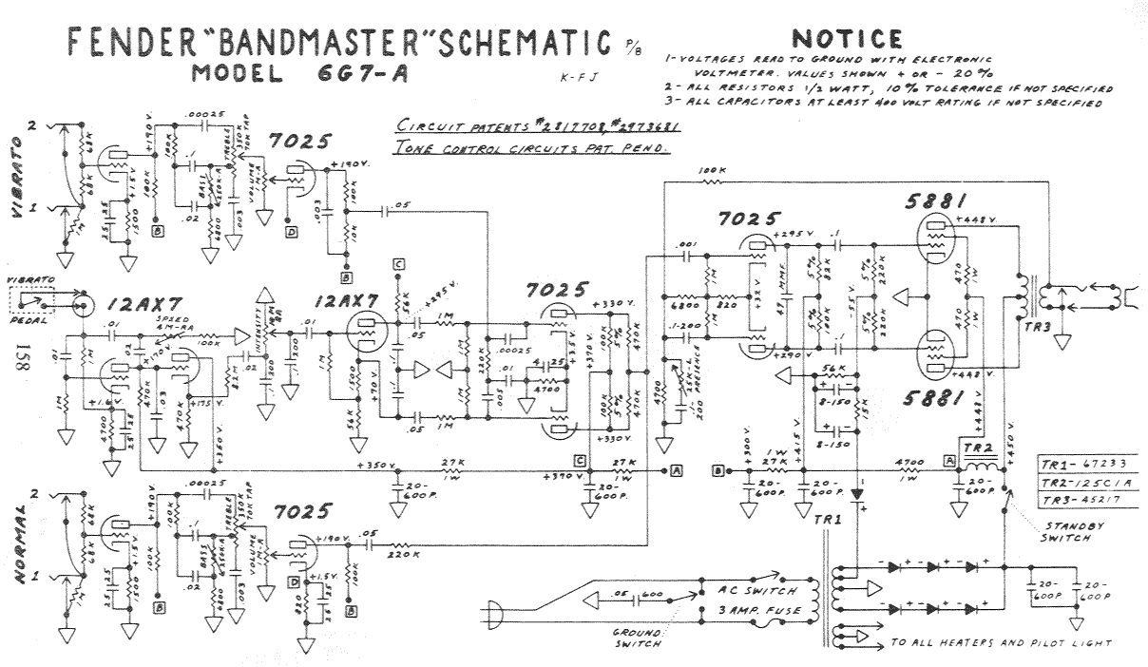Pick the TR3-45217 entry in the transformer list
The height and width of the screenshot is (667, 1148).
coord(1081,501)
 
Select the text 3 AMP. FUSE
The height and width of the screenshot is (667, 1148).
coord(742,608)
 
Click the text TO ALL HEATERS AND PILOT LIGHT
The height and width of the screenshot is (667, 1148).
coord(1000,643)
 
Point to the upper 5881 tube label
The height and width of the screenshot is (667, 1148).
coord(939,201)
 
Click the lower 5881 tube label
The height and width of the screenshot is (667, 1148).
coord(939,400)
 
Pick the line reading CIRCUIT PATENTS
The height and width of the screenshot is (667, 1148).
coord(537,127)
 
